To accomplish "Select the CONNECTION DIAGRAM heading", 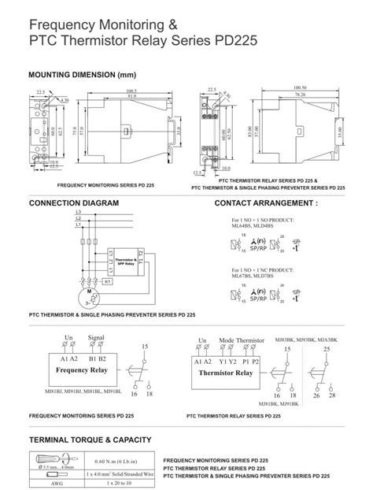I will (74, 202).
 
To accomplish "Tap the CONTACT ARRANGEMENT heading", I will (266, 202).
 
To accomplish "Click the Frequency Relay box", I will (87, 369).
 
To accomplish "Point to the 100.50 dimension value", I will (299, 87).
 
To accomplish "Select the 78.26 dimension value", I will (299, 95).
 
